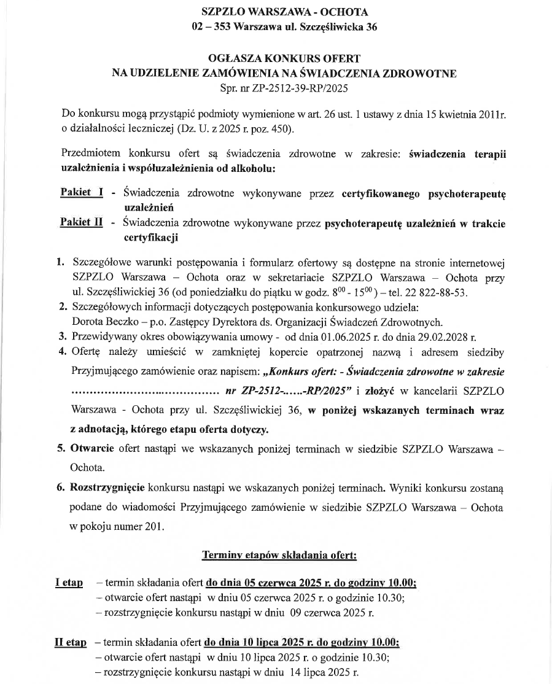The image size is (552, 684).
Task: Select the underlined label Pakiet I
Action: pyautogui.click(x=82, y=192)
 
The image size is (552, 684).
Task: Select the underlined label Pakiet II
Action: pyautogui.click(x=82, y=222)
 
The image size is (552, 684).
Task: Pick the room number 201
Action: pyautogui.click(x=152, y=526)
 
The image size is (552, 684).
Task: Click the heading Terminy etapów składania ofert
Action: pyautogui.click(x=279, y=556)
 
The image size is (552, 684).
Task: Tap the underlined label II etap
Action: pyautogui.click(x=71, y=643)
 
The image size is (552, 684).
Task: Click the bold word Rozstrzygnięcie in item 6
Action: pyautogui.click(x=107, y=489)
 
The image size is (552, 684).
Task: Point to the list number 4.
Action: pyautogui.click(x=61, y=352)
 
